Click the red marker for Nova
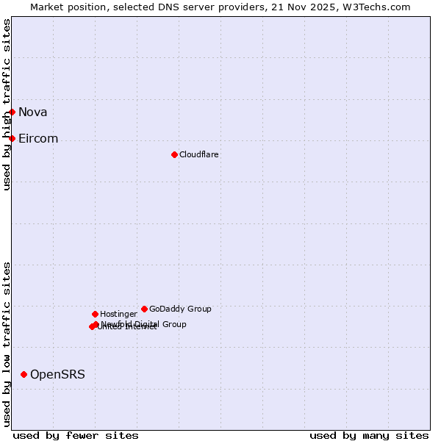pos(12,112)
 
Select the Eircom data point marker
pos(12,138)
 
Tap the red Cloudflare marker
pos(174,154)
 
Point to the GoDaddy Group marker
pos(144,309)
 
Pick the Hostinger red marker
pos(95,314)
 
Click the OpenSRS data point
pos(24,374)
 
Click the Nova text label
pos(32,112)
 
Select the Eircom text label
pos(38,138)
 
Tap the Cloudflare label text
pos(198,154)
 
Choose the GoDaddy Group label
pos(180,309)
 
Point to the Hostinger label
pos(118,314)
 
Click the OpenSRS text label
pos(57,374)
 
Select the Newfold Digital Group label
pos(144,323)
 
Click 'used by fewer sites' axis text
pos(76,435)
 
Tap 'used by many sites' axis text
pos(369,435)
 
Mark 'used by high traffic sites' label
pos(7,104)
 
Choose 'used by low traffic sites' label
pos(7,344)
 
